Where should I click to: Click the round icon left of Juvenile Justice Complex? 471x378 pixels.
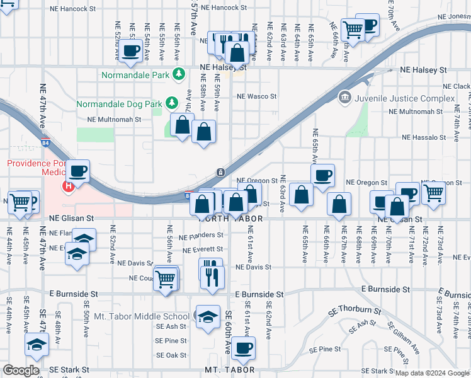click(344, 97)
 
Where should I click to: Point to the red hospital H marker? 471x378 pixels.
click(68, 186)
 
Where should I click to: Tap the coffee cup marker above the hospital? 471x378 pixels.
click(79, 171)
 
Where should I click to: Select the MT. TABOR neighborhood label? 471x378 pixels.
click(230, 370)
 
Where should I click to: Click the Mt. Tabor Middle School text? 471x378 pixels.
click(141, 316)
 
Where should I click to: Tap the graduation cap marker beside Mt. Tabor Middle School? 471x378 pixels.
click(207, 317)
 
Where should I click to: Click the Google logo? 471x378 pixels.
click(21, 370)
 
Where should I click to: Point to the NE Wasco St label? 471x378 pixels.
click(256, 96)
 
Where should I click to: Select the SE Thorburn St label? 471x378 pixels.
click(355, 311)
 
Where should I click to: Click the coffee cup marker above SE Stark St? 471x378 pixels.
click(243, 347)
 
